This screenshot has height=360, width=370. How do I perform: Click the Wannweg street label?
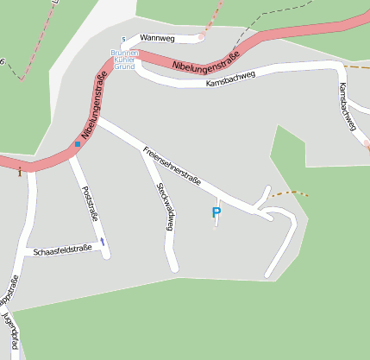(x=156, y=39)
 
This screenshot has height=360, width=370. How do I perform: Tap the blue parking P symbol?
(x=216, y=212)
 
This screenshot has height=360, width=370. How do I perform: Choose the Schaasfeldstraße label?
(x=61, y=250)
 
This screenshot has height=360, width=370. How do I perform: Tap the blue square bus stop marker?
(x=78, y=143)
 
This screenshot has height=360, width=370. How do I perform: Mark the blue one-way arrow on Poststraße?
(x=103, y=242)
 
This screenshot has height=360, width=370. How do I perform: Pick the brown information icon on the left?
(x=20, y=172)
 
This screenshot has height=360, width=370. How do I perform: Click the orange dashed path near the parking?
(x=288, y=194)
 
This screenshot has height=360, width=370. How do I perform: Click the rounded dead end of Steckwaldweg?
(x=172, y=267)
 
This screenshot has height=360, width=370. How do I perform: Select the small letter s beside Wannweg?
(x=123, y=39)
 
